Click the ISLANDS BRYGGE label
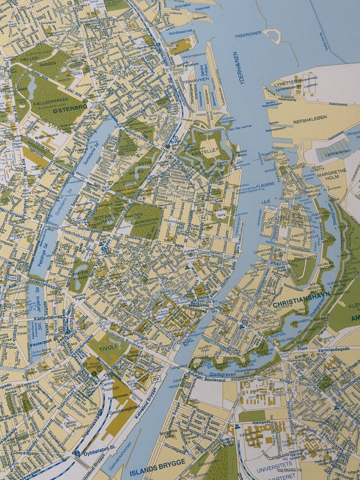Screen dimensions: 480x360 (158, 463)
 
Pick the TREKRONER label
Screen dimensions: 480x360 (248, 36)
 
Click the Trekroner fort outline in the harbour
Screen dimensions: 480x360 (273, 34)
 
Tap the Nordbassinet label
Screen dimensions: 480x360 (180, 33)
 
